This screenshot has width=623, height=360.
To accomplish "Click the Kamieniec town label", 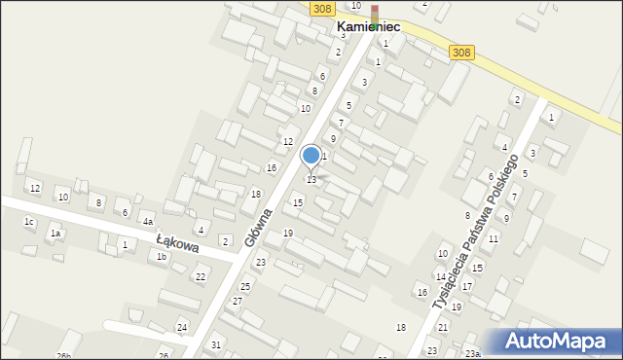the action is [x=368, y=27].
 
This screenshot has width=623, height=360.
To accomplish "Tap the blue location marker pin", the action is [x=311, y=156].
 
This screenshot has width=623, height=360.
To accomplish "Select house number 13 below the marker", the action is [x=311, y=180].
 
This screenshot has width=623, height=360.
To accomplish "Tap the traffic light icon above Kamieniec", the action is [x=375, y=12].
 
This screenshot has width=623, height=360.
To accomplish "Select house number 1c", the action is [x=29, y=222].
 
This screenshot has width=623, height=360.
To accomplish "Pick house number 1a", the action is [x=56, y=234].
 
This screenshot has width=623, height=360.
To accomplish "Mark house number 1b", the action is [x=162, y=256].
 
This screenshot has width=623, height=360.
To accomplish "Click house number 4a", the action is [x=147, y=222].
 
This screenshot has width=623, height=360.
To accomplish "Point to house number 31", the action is [x=216, y=345].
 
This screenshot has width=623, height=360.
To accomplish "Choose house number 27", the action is [x=238, y=302].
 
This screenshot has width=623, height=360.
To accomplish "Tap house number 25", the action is [x=245, y=286].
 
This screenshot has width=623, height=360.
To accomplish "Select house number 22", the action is [x=200, y=277].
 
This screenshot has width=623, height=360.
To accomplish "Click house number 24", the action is [x=182, y=327].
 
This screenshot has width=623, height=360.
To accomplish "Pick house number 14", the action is [x=440, y=277].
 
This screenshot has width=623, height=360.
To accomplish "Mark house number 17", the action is [x=466, y=286].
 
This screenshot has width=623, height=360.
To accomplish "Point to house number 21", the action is [x=443, y=327].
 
